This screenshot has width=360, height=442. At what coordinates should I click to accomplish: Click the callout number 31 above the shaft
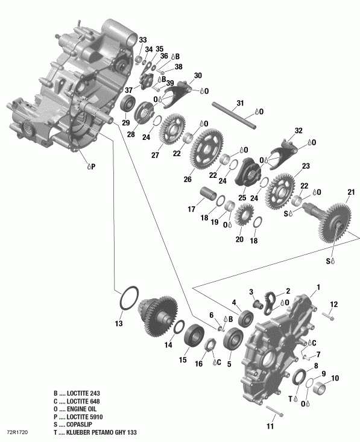[x=240, y=103]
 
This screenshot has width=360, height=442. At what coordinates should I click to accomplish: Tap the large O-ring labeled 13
[x=128, y=300]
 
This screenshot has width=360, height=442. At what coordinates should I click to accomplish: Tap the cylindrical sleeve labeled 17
[x=209, y=197]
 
